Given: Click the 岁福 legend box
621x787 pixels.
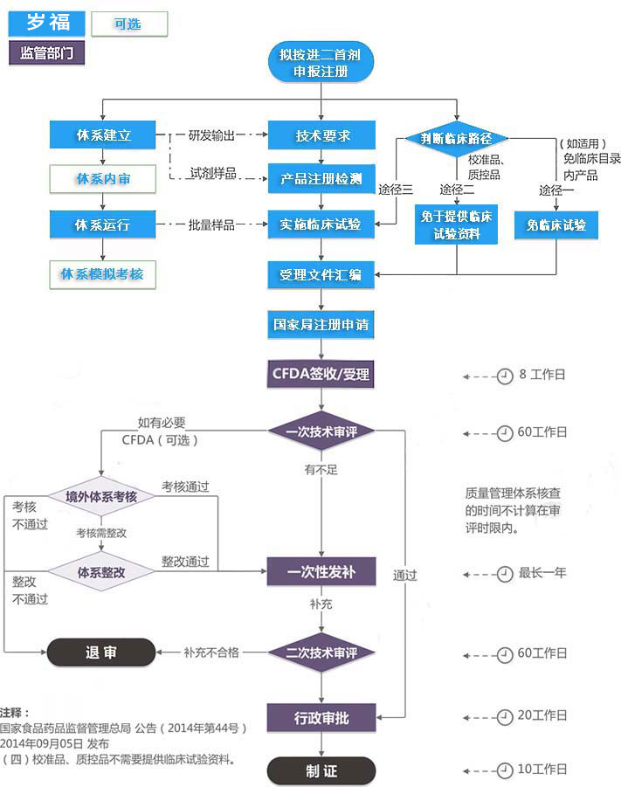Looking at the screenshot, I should click(47, 23).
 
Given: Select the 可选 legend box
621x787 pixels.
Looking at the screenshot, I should click(128, 24).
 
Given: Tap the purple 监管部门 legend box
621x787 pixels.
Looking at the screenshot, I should click(47, 52).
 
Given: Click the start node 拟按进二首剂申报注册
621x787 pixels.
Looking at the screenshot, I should click(321, 63).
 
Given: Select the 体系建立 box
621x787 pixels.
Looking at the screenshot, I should click(103, 135).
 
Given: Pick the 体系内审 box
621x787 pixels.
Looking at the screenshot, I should click(103, 179).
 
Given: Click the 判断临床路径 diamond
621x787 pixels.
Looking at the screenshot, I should click(457, 139).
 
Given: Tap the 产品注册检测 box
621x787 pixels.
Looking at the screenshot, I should click(321, 179).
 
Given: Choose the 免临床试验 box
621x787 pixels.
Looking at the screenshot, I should click(556, 225).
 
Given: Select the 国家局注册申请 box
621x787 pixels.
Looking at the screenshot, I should click(321, 325).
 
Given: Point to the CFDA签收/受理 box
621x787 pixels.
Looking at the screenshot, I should click(321, 375).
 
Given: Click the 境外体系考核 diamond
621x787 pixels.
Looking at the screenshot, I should click(101, 496).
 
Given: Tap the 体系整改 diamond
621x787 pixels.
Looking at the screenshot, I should click(101, 573).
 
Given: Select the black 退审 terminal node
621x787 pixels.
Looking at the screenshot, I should click(100, 652).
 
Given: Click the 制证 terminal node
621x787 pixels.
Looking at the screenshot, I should click(321, 772).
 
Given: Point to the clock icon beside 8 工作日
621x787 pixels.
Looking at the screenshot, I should click(504, 376).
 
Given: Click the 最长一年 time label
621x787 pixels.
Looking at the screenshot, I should click(542, 573).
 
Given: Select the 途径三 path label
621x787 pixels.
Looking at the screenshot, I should click(395, 190).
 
